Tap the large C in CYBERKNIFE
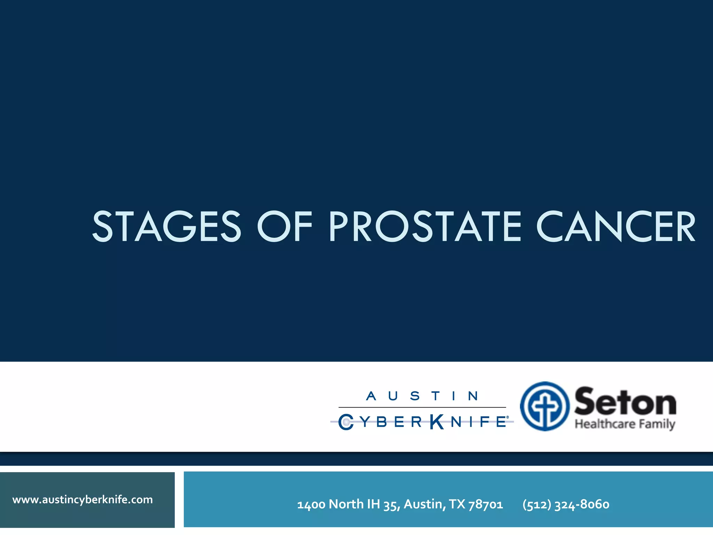click(x=346, y=422)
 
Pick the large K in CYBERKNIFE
click(x=437, y=422)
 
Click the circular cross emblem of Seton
click(x=544, y=406)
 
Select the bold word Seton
click(x=625, y=402)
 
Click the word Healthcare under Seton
click(x=605, y=424)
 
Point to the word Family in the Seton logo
click(x=659, y=424)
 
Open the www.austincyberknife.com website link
click(x=83, y=499)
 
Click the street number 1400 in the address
click(x=311, y=504)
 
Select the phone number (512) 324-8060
click(x=566, y=504)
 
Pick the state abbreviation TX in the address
click(x=457, y=504)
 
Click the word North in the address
click(x=346, y=504)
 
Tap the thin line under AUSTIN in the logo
click(x=422, y=407)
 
